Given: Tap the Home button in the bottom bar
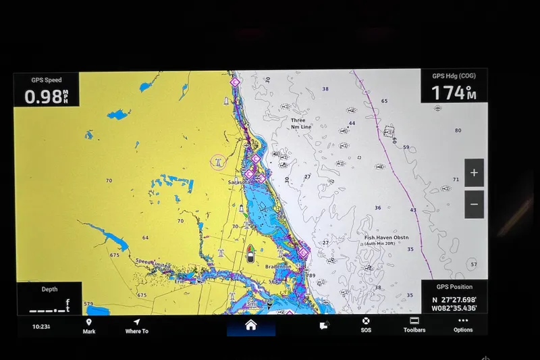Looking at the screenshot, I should click(250, 325).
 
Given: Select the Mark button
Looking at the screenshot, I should click(88, 326).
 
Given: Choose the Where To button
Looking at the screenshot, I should click(136, 326).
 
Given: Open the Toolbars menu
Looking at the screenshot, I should click(414, 325).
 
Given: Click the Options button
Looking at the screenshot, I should click(463, 325).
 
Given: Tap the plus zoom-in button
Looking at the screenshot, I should click(474, 173).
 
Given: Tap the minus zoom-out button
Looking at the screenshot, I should click(474, 204).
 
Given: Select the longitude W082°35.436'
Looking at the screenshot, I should click(455, 308).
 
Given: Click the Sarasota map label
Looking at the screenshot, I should click(239, 182).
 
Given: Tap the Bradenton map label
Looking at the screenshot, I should click(277, 267).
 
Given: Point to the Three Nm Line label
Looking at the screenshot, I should click(300, 124).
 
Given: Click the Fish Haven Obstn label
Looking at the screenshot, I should click(387, 238).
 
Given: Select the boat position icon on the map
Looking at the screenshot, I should click(250, 253).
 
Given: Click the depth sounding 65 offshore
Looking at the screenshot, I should click(384, 101).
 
